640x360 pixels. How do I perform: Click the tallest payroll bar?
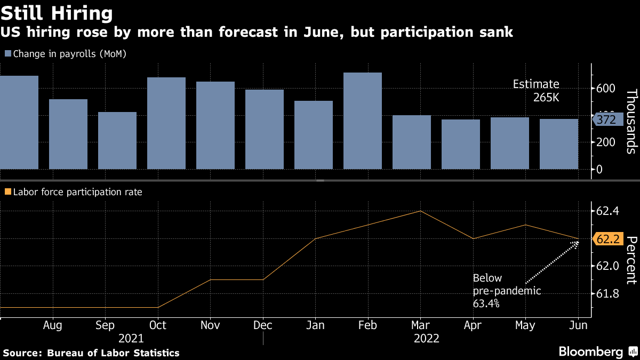pyautogui.click(x=363, y=121)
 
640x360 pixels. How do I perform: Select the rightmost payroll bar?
pyautogui.click(x=559, y=144)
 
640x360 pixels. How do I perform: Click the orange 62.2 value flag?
pyautogui.click(x=607, y=240)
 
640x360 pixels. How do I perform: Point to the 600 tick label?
pyautogui.click(x=606, y=88)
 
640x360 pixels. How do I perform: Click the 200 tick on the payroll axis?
pyautogui.click(x=606, y=141)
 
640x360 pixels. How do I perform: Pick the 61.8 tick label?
pyautogui.click(x=607, y=294)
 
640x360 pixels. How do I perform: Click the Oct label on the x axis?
pyautogui.click(x=158, y=325)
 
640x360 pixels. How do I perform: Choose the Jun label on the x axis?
pyautogui.click(x=579, y=325)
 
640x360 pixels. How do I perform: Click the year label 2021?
pyautogui.click(x=131, y=339)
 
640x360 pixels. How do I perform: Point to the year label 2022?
pyautogui.click(x=426, y=339)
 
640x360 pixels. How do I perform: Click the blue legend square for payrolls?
pyautogui.click(x=7, y=53)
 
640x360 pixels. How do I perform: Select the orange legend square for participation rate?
pyautogui.click(x=7, y=191)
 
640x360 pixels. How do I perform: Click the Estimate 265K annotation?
pyautogui.click(x=536, y=91)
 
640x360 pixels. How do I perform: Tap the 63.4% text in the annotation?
pyautogui.click(x=486, y=303)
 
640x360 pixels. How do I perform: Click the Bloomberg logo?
pyautogui.click(x=591, y=351)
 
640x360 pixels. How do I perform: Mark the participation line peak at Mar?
pyautogui.click(x=420, y=211)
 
